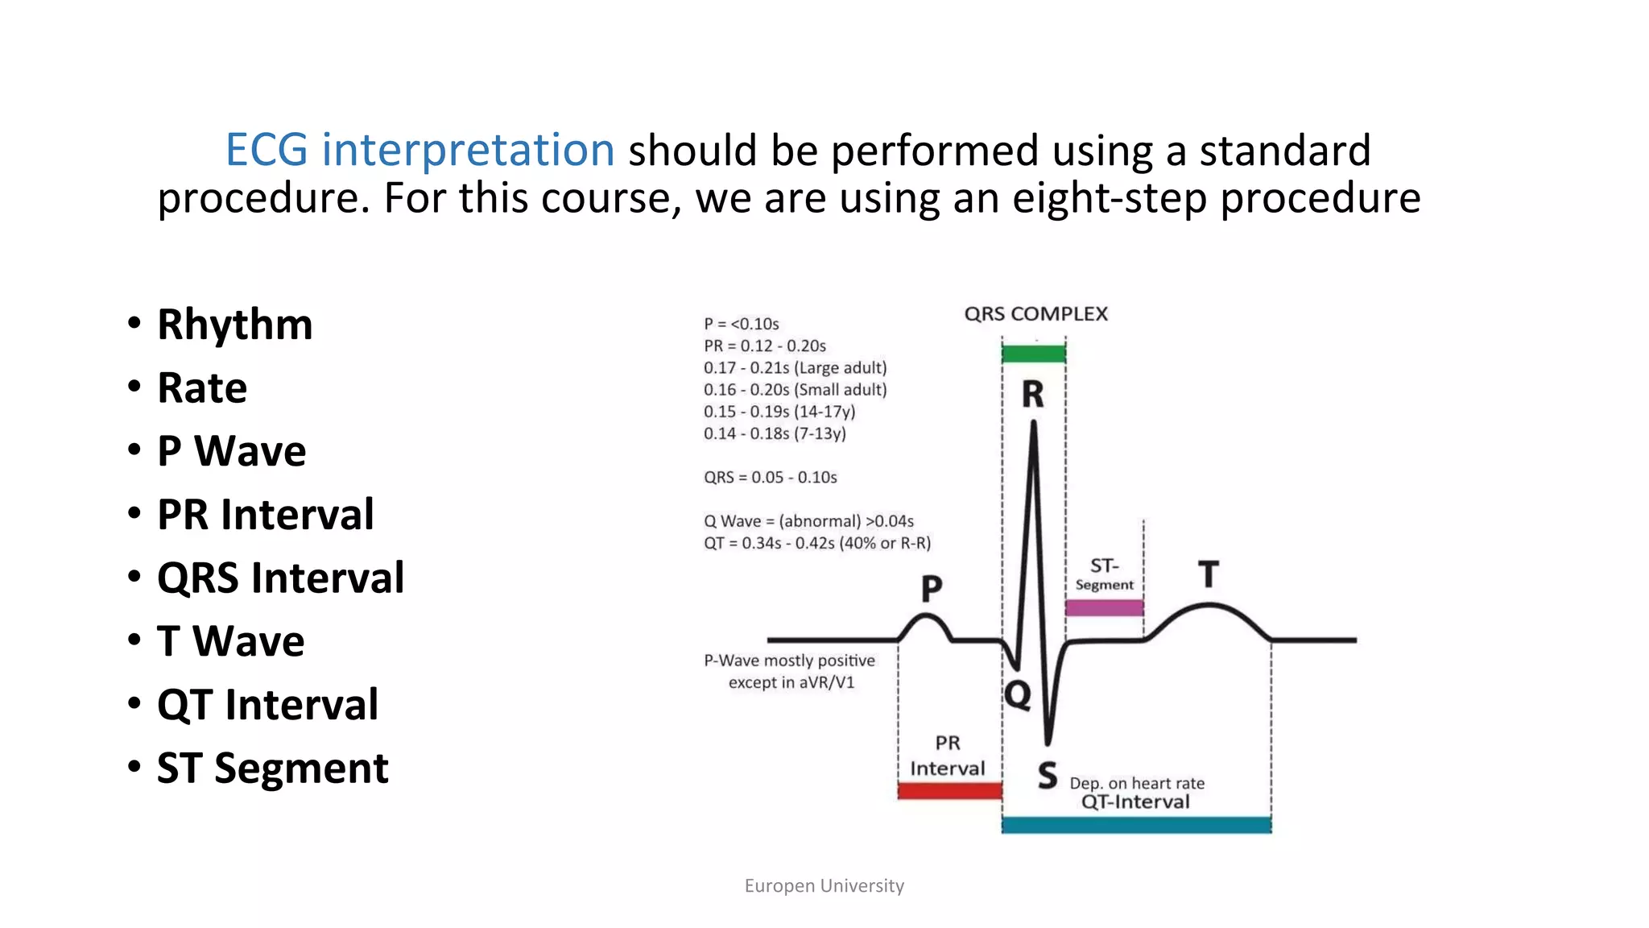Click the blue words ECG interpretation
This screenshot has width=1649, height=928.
coord(419,151)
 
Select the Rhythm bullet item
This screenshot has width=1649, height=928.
coord(234,325)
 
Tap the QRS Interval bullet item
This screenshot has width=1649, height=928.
coord(280,578)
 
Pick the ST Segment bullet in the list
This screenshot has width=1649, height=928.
coord(272,768)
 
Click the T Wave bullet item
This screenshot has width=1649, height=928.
coord(230,642)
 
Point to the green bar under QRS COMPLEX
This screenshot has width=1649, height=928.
coord(1033,353)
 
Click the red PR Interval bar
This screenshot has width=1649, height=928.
coord(949,791)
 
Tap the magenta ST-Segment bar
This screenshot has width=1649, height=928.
coord(1104,607)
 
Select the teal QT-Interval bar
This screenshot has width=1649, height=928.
coord(1136,825)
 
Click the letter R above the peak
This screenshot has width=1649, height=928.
coord(1033,395)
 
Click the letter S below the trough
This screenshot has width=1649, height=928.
coord(1047,776)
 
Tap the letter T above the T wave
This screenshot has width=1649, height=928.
coord(1208,574)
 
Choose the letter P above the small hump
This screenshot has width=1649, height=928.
coord(932,589)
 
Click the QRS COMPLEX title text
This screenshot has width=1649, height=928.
coord(1035,314)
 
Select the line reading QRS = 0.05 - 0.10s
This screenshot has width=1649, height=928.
coord(770,478)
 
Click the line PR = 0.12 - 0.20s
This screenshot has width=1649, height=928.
coord(764,346)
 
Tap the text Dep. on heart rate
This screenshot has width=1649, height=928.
coord(1137,783)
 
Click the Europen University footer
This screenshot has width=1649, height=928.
coord(824,886)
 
